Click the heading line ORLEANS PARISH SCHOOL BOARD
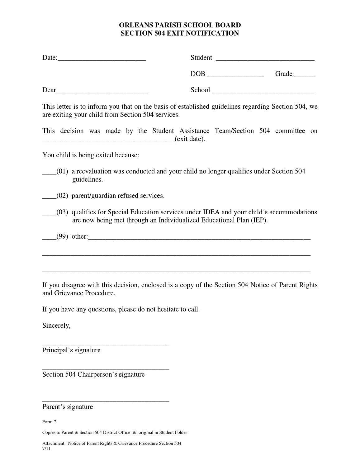click(180, 25)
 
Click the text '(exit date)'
click(190, 139)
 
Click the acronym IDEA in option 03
click(211, 212)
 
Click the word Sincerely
click(56, 326)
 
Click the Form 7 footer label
click(49, 422)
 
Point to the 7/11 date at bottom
click(46, 449)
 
